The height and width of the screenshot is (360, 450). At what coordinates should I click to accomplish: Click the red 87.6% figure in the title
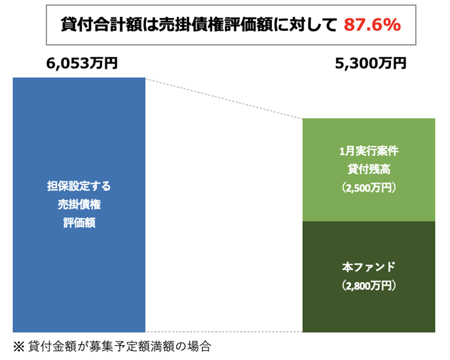pyautogui.click(x=372, y=24)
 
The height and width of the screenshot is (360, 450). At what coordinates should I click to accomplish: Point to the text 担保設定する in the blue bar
pyautogui.click(x=79, y=187)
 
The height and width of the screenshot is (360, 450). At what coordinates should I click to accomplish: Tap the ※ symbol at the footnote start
pyautogui.click(x=19, y=345)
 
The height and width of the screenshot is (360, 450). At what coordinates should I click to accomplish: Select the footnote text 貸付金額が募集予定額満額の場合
pyautogui.click(x=120, y=345)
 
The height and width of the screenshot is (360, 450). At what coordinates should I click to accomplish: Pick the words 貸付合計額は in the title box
pyautogui.click(x=96, y=24)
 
